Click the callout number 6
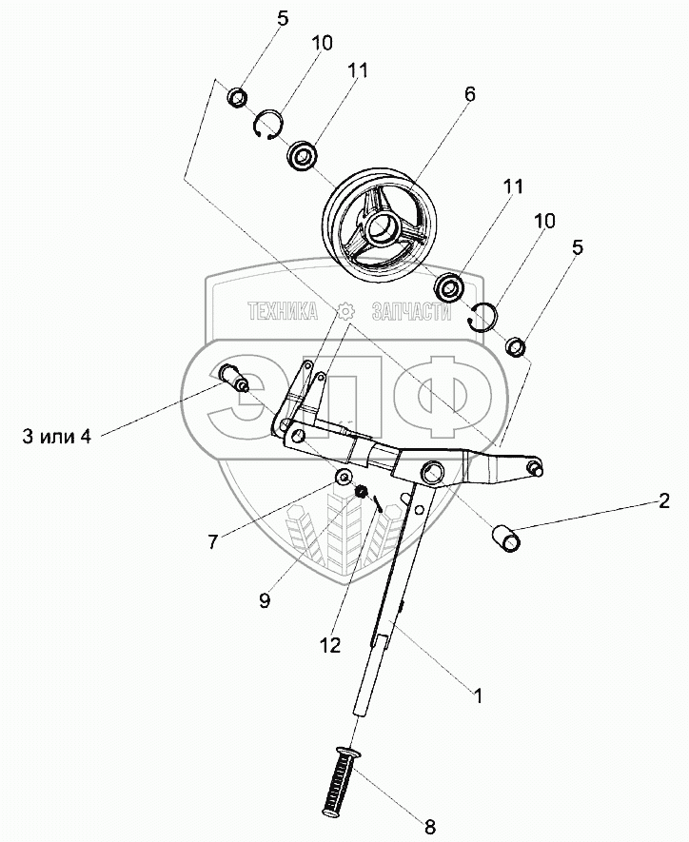(469, 95)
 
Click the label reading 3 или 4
(56, 437)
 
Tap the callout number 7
(213, 541)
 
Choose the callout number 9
(264, 599)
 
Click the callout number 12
(330, 646)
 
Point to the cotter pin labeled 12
(378, 500)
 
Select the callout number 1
(479, 695)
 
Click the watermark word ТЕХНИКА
(284, 311)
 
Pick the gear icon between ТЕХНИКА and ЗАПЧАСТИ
(344, 311)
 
